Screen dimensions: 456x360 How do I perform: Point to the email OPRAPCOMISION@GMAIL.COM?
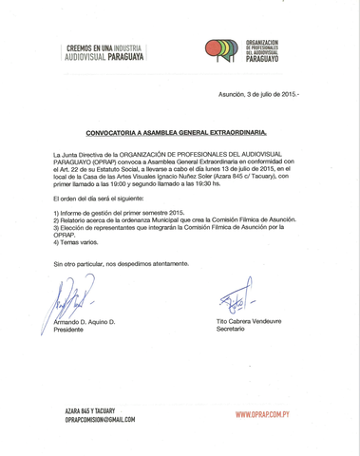tap(100, 419)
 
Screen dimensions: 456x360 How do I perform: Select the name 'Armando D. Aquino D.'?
tap(85, 322)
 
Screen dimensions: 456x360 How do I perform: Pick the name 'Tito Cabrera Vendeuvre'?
tap(250, 321)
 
